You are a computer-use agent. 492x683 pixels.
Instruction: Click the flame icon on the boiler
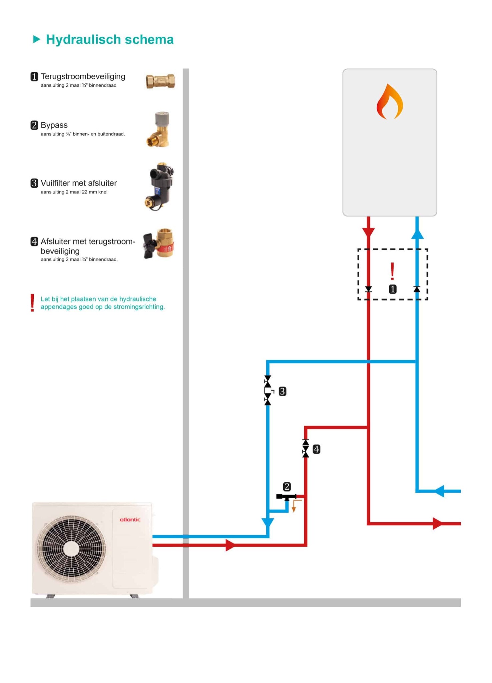[389, 102]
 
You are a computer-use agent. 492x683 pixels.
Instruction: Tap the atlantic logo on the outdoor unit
[130, 520]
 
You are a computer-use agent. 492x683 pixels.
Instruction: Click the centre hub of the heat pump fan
[71, 549]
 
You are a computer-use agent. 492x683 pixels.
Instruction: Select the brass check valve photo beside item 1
[160, 81]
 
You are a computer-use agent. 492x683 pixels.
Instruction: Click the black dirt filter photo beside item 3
[160, 186]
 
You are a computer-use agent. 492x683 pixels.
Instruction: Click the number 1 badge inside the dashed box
[393, 289]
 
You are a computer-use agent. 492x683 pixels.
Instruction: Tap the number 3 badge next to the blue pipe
[282, 391]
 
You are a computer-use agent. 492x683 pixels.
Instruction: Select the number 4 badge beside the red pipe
[316, 449]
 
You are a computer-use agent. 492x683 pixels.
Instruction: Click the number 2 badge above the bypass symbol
[287, 487]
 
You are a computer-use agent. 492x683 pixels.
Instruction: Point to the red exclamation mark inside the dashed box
[392, 271]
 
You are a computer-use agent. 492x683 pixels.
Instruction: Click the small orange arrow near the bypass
[294, 508]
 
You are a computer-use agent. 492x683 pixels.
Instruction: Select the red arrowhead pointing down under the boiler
[368, 232]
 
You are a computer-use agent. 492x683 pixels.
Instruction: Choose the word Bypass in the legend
[54, 125]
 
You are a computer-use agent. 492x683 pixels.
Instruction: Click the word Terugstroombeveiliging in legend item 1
[83, 76]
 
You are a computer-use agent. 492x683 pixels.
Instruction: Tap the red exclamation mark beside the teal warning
[32, 303]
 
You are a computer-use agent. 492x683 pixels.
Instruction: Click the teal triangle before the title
[36, 39]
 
